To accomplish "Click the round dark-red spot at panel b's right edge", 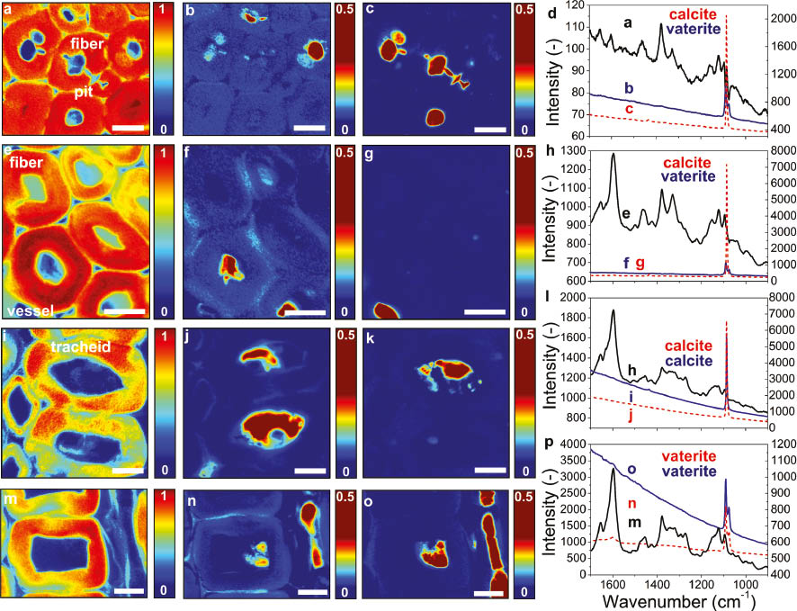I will (x=315, y=52).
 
